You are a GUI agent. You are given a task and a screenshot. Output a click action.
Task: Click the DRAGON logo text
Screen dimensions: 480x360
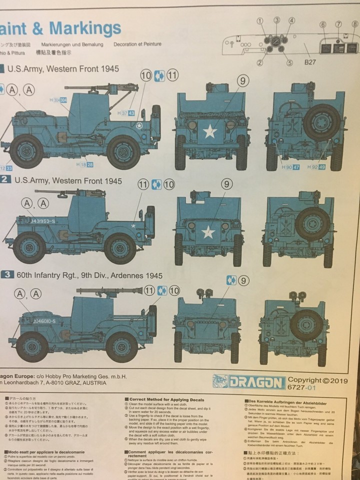click(x=249, y=382)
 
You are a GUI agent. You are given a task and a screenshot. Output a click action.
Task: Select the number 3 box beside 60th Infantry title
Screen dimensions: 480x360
click(x=7, y=274)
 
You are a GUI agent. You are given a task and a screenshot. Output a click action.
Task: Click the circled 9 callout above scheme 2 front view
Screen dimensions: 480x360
click(x=226, y=184)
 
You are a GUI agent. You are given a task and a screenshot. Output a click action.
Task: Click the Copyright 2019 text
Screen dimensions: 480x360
click(x=323, y=380)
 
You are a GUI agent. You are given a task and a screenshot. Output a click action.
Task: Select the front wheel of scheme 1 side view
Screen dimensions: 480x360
click(x=122, y=152)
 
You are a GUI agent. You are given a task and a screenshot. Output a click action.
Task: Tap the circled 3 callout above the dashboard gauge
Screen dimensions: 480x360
click(x=276, y=20)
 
